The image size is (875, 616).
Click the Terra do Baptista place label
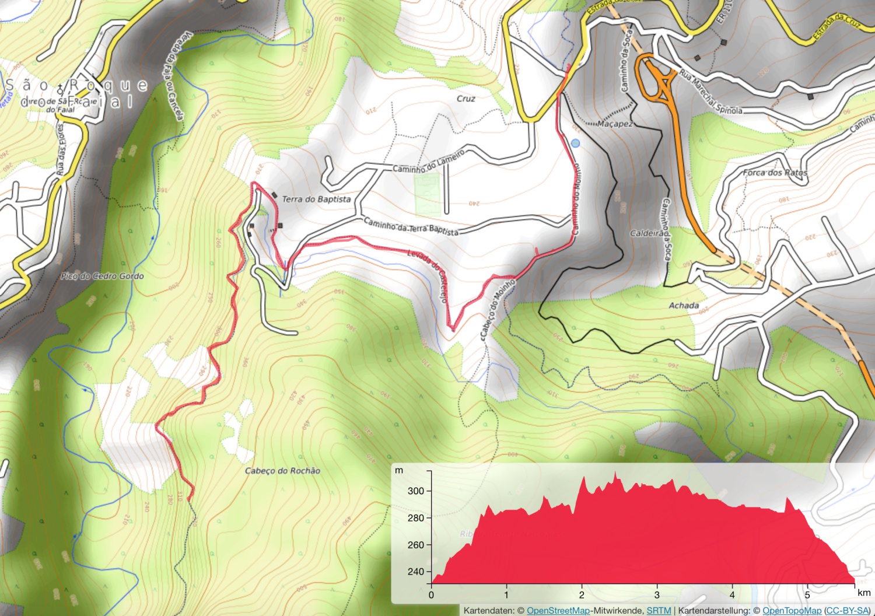click(316, 199)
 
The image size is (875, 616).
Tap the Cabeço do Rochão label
click(282, 471)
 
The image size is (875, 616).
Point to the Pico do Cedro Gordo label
click(103, 276)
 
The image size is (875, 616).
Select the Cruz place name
click(466, 99)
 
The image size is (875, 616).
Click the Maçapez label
click(615, 124)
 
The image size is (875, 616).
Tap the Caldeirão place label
click(647, 233)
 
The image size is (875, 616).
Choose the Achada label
click(684, 305)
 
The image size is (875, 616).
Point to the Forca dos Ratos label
click(775, 173)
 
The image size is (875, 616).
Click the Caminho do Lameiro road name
click(428, 162)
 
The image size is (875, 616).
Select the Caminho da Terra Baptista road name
click(411, 226)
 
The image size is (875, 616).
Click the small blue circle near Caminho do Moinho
click(576, 143)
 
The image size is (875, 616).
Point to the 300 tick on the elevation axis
click(416, 491)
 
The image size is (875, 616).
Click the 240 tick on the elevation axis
click(416, 572)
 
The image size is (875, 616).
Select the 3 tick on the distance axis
click(657, 595)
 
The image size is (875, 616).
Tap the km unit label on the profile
click(864, 593)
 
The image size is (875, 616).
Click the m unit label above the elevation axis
click(399, 470)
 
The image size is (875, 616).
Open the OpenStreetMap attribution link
click(558, 610)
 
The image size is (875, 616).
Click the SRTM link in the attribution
click(659, 610)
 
